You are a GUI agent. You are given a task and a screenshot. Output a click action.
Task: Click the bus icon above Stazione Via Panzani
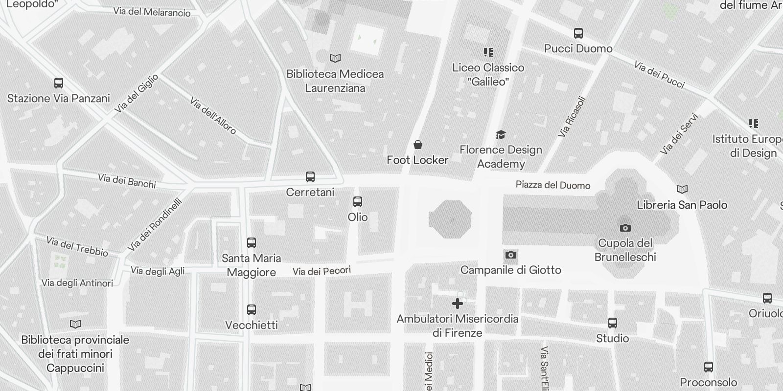tap(58, 83)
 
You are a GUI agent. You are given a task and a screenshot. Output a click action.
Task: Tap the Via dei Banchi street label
tap(127, 181)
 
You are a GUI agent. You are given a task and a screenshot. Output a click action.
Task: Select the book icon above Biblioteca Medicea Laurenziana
tap(335, 59)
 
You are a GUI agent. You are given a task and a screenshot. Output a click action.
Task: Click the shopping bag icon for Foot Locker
tap(418, 145)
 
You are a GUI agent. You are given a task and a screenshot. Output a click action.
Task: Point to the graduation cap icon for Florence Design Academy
tap(501, 134)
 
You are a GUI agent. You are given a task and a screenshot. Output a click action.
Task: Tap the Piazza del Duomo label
tap(553, 185)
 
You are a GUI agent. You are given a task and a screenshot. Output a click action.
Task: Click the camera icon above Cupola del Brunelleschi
tap(625, 228)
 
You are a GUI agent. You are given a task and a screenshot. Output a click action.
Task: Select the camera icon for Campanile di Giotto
tap(510, 255)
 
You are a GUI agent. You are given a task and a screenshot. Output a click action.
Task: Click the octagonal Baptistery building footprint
tap(450, 219)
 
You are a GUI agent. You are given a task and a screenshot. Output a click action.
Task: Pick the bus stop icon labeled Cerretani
tap(310, 177)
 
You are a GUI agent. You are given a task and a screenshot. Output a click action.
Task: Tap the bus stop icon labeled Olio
tap(358, 202)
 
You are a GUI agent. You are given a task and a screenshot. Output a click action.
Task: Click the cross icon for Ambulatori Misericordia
tap(458, 304)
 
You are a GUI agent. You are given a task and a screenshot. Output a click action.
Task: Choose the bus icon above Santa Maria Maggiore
tap(252, 243)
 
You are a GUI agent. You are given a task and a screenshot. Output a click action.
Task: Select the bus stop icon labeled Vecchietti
tap(252, 310)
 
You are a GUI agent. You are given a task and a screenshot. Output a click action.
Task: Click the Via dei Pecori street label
tap(322, 271)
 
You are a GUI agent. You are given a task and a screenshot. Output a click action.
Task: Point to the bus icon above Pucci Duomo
tap(578, 33)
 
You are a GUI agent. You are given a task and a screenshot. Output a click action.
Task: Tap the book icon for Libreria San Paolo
tap(682, 189)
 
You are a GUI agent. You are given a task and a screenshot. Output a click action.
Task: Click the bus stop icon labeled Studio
tap(613, 323)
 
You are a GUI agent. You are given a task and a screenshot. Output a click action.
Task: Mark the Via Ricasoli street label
tap(572, 116)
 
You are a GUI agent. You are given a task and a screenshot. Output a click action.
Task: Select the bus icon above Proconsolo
tap(708, 367)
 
